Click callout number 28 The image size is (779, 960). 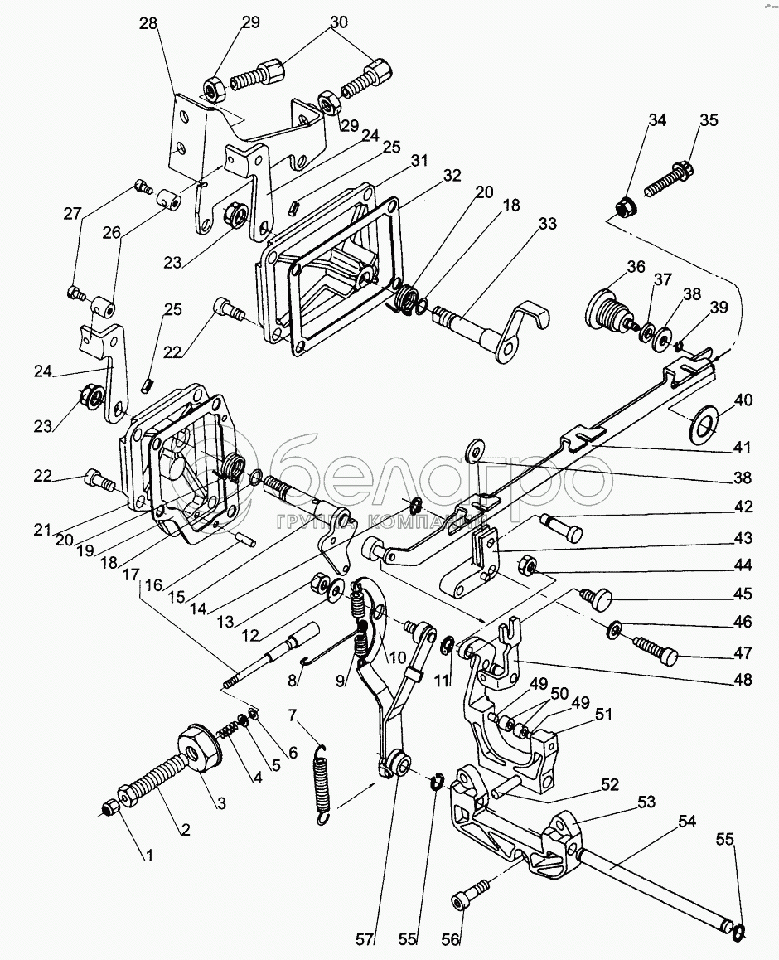(x=148, y=24)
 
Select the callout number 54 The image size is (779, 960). (x=687, y=821)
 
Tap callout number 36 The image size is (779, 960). (x=636, y=267)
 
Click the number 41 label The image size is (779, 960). (x=743, y=448)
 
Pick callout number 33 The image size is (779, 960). (x=548, y=224)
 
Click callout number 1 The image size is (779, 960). (x=148, y=856)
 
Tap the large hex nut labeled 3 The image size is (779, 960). (x=198, y=748)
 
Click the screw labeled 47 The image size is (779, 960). (x=656, y=651)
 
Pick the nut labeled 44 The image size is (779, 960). (x=527, y=565)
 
